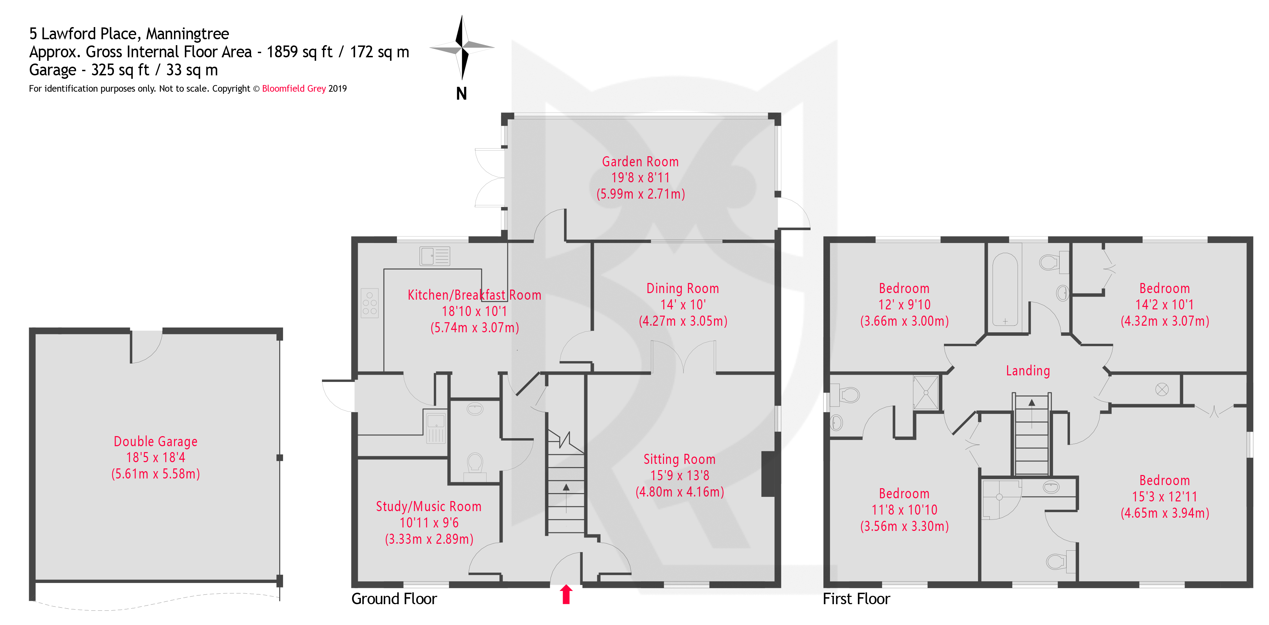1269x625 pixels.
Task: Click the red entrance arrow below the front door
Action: pos(566,594)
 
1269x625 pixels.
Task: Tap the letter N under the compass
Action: pos(461,94)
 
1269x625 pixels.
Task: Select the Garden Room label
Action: pos(640,161)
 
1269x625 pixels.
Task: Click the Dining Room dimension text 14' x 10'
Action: pos(682,305)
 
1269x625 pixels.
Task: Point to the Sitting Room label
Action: pos(679,459)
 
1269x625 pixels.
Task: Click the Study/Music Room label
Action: pos(429,506)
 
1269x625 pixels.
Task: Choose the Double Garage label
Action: pos(156,441)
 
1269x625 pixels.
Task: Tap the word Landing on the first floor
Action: pos(1028,370)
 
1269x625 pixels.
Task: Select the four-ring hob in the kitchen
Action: pos(370,303)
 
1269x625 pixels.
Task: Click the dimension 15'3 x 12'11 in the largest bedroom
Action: pos(1164,497)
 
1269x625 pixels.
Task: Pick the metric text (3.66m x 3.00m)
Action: pos(904,321)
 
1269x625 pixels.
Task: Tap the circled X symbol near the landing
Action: pos(1162,390)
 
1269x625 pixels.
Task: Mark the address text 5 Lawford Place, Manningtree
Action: pos(129,33)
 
